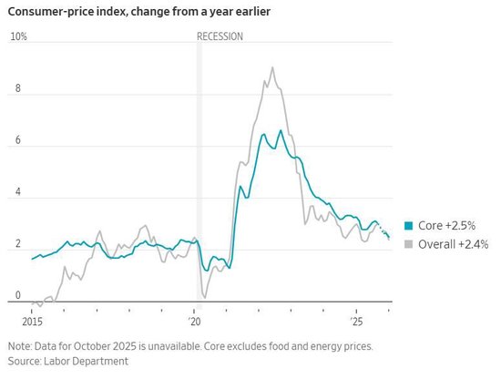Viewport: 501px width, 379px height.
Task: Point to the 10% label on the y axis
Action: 18,36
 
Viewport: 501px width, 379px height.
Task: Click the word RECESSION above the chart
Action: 220,36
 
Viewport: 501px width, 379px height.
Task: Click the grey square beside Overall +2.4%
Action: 408,244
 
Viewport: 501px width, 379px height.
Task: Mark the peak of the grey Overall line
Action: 272,67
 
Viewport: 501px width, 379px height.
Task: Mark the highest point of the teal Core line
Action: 281,130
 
